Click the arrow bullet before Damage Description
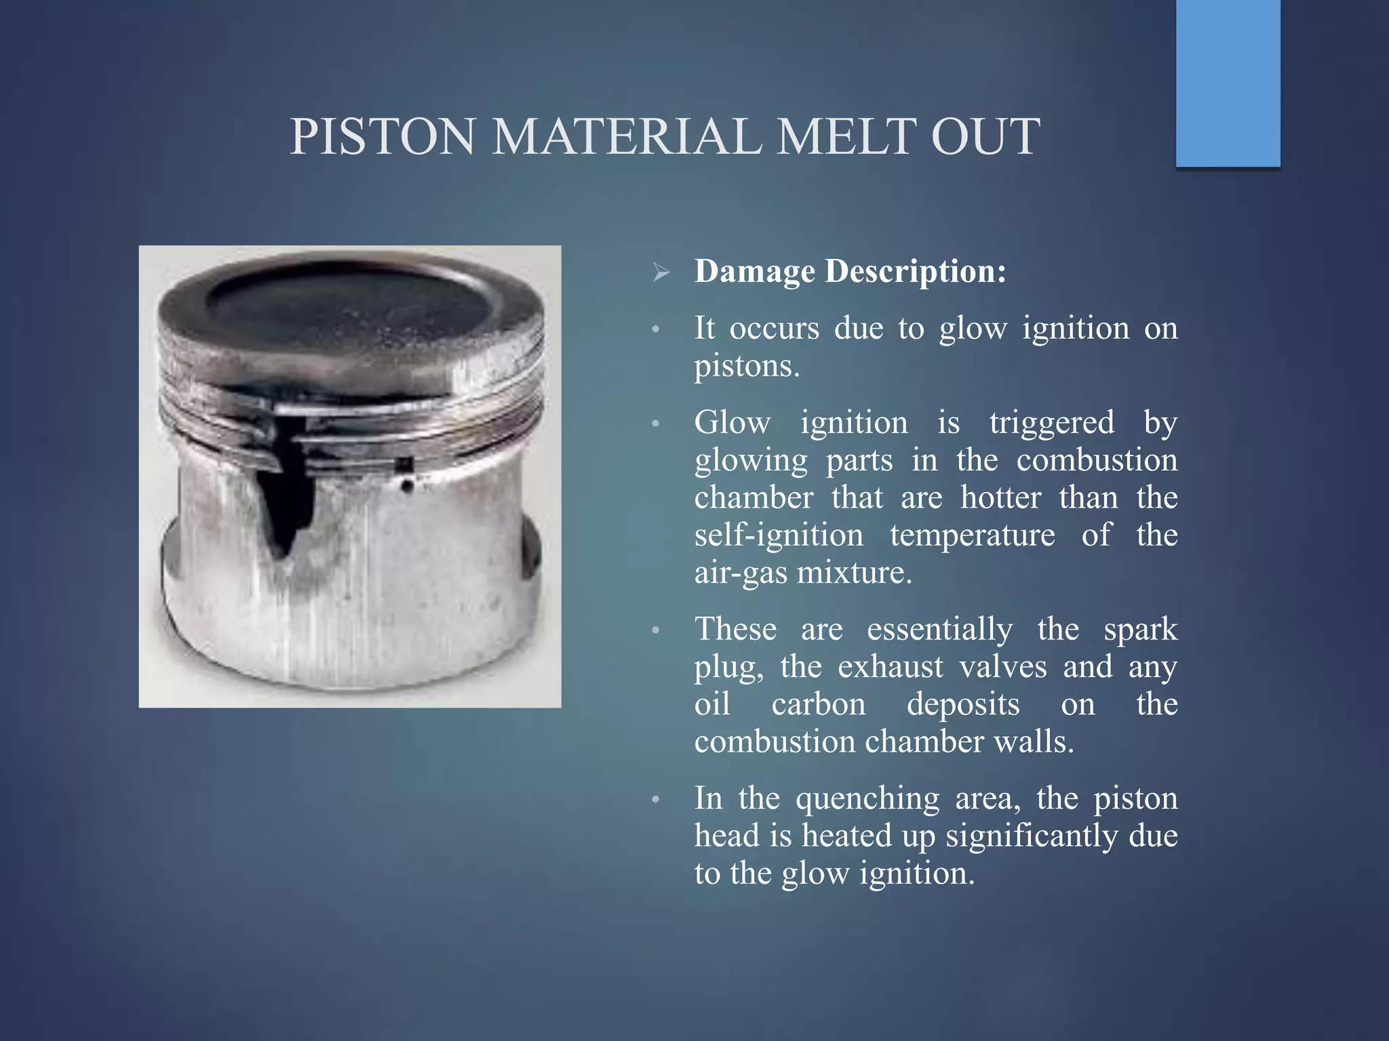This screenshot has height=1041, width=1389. pyautogui.click(x=661, y=273)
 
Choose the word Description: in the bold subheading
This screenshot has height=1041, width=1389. pyautogui.click(x=916, y=272)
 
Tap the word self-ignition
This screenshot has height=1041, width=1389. pyautogui.click(x=779, y=535)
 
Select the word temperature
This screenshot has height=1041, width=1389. pyautogui.click(x=973, y=535)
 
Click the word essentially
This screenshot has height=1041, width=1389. pyautogui.click(x=939, y=630)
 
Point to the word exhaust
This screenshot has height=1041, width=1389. pyautogui.click(x=890, y=667)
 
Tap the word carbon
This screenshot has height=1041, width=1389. pyautogui.click(x=819, y=705)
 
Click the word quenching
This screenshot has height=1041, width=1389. pyautogui.click(x=867, y=798)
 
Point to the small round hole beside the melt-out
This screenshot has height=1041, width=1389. pyautogui.click(x=407, y=486)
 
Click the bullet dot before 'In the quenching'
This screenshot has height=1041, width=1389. pyautogui.click(x=655, y=800)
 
